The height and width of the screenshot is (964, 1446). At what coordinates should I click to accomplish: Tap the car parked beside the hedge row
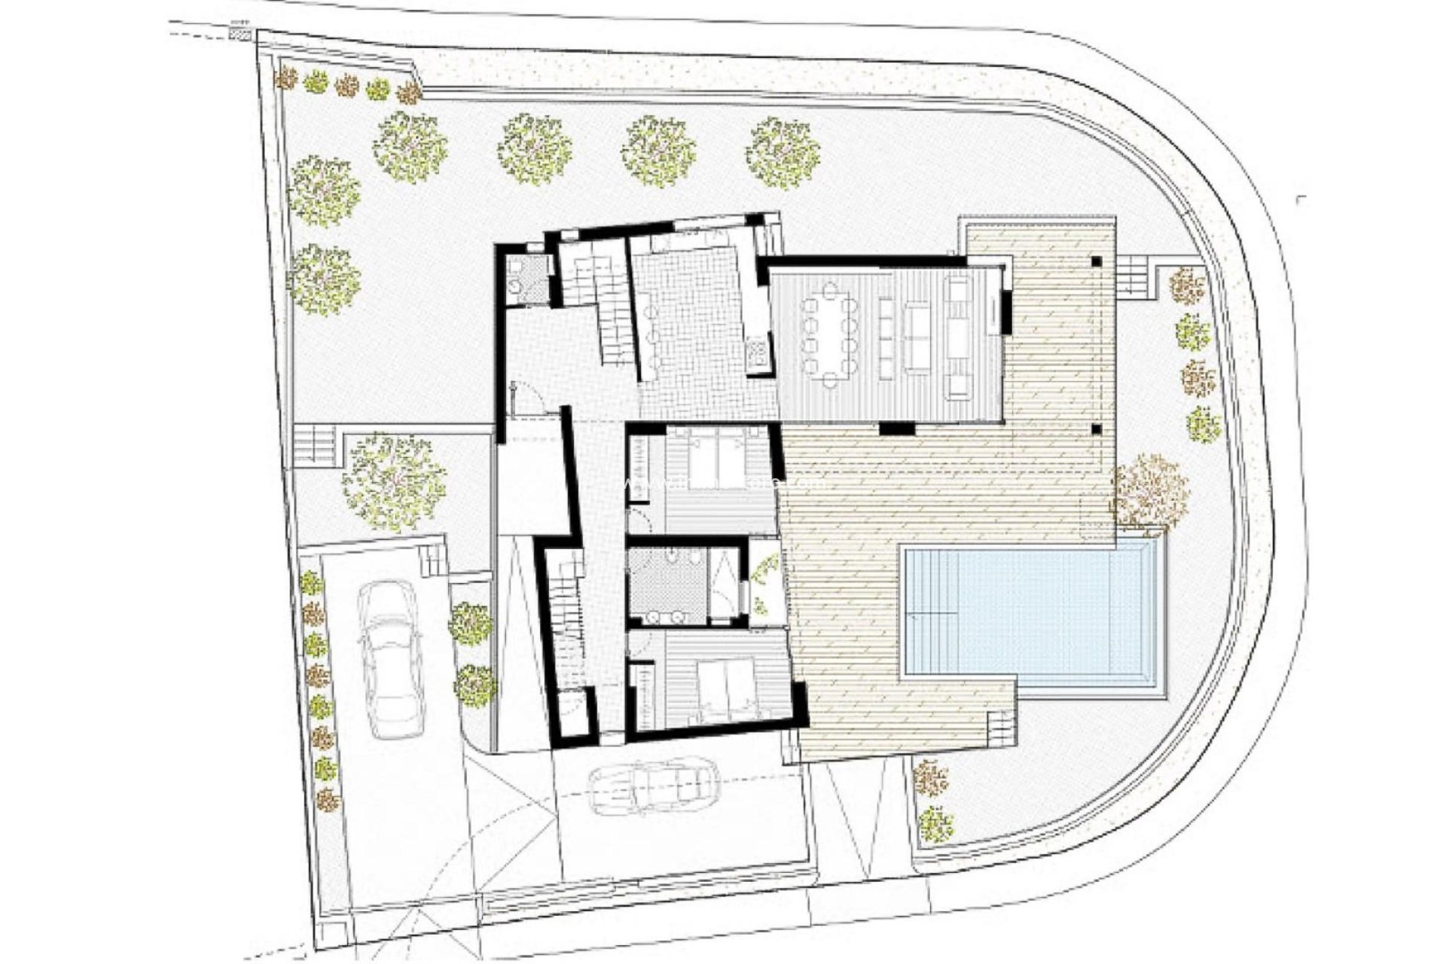pyautogui.click(x=390, y=659)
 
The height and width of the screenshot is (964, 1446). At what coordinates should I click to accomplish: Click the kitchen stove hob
pyautogui.click(x=757, y=353)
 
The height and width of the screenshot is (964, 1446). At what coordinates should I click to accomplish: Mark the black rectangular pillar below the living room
pyautogui.click(x=896, y=429)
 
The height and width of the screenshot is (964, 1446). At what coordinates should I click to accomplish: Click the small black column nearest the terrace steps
pyautogui.click(x=1096, y=261)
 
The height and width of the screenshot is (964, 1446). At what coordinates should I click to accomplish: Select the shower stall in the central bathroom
pyautogui.click(x=725, y=584)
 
